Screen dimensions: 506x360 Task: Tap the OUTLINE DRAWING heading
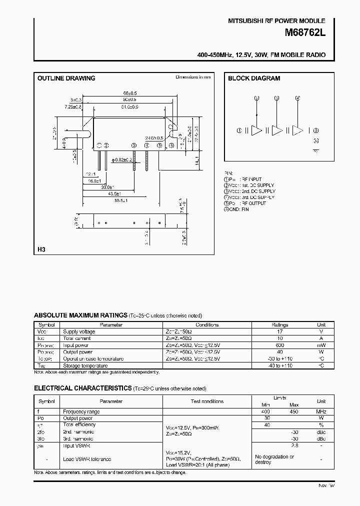click(x=66, y=78)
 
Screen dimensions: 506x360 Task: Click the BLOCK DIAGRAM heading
click(x=254, y=78)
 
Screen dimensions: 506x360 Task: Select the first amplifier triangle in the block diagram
click(x=256, y=130)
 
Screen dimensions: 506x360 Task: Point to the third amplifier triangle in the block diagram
click(x=297, y=130)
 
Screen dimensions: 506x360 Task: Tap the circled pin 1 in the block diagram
click(x=240, y=130)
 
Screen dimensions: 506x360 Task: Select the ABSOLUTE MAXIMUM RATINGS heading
click(x=80, y=315)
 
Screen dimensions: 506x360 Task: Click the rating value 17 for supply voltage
click(x=279, y=331)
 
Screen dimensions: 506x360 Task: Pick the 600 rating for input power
click(x=279, y=345)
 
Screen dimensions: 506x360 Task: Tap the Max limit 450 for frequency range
click(x=294, y=411)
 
